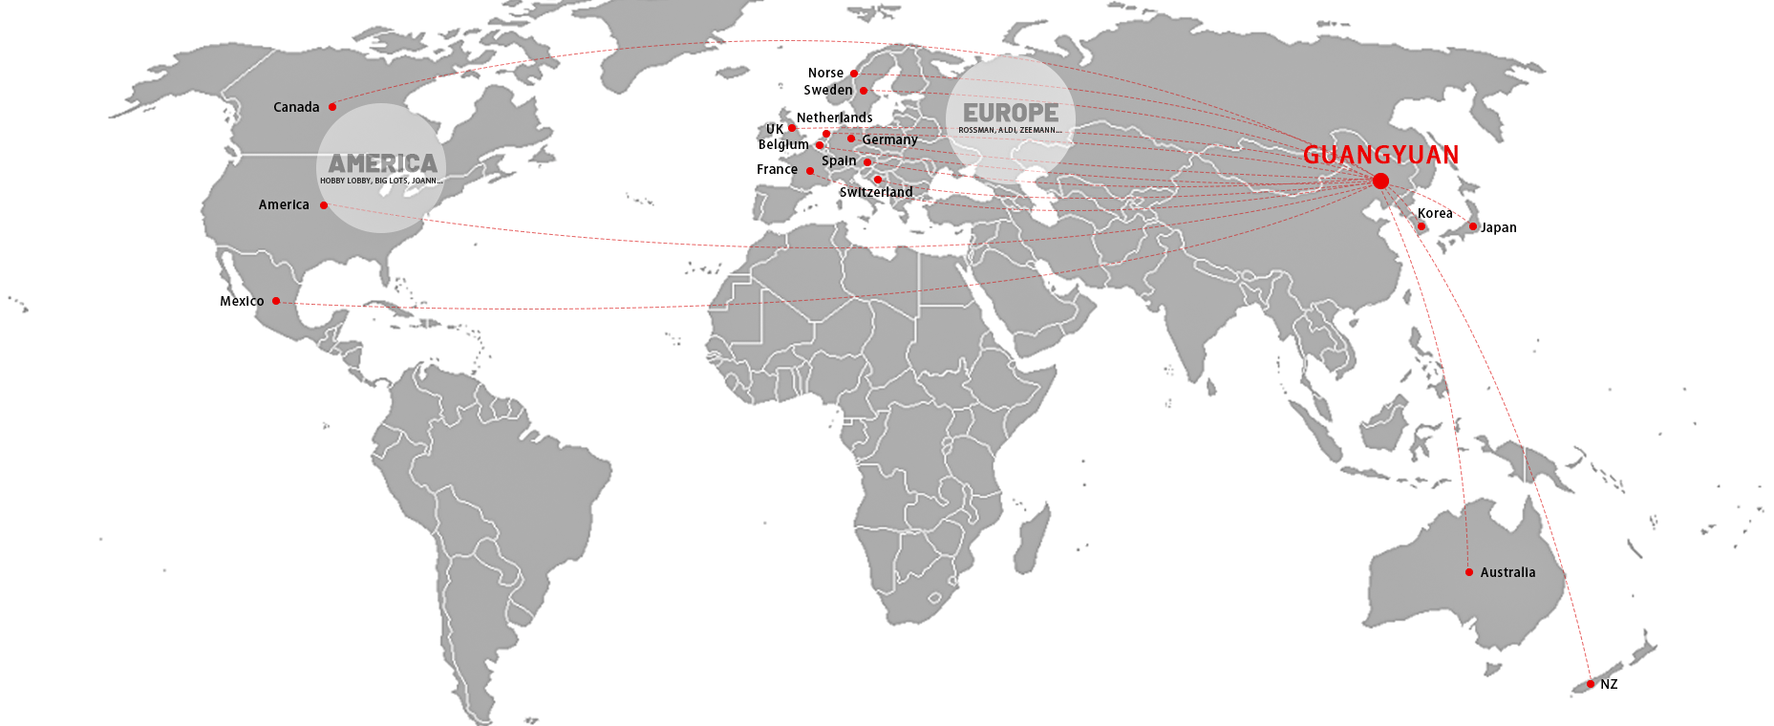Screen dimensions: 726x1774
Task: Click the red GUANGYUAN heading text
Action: coord(1380,155)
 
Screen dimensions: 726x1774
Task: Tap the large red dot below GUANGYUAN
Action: coord(1380,181)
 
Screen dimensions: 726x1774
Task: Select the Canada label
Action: coord(296,107)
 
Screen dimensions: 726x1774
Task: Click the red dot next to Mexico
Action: coord(276,301)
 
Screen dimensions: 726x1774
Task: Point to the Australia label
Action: coord(1507,572)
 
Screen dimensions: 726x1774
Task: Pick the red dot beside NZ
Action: coord(1591,684)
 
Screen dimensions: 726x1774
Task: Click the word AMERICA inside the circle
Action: coord(382,163)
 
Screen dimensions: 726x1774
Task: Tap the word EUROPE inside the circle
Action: coord(1010,113)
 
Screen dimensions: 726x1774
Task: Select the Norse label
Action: coord(825,73)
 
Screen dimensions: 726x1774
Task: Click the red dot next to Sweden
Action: coord(864,91)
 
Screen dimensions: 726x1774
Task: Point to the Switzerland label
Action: coord(876,192)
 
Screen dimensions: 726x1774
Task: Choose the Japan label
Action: coord(1498,227)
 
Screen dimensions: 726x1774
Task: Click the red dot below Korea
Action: coord(1421,226)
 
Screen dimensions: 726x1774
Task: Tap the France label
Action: coord(777,169)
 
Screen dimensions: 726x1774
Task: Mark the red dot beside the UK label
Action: coord(792,128)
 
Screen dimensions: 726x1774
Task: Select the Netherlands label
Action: coord(834,117)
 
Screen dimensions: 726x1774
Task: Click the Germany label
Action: coord(889,139)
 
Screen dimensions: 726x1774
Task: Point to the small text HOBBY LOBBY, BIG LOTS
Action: coord(381,181)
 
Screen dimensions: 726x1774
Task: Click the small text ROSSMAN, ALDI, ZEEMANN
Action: coord(1010,130)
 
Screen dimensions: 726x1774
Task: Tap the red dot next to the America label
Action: coord(324,205)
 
